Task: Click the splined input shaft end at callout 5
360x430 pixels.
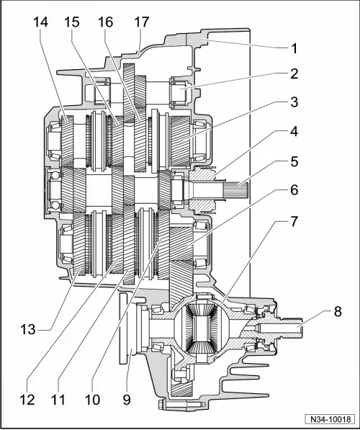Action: coord(234,191)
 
